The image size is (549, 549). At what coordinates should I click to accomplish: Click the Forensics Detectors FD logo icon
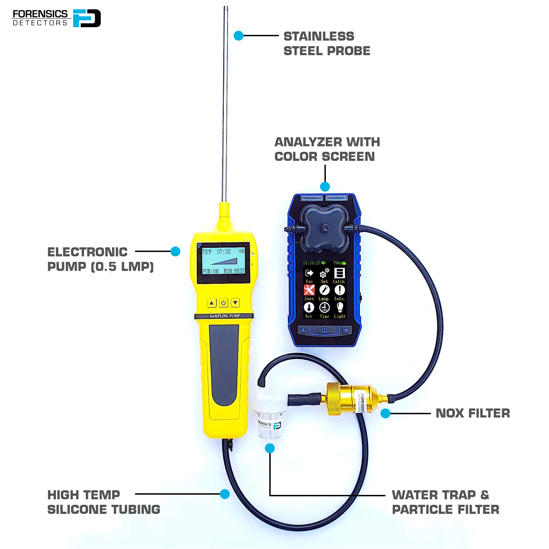click(x=87, y=18)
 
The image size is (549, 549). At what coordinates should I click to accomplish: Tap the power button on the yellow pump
click(x=223, y=303)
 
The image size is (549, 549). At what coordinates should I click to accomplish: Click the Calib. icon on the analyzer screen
click(x=339, y=273)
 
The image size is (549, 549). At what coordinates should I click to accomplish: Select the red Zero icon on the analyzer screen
click(x=309, y=290)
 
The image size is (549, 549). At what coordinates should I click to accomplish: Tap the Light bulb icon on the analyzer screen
click(x=340, y=307)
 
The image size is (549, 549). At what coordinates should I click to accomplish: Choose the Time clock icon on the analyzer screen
click(x=324, y=307)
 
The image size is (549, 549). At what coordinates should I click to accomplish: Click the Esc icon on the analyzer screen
click(x=309, y=273)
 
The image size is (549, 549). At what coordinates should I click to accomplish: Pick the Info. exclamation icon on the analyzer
click(x=340, y=290)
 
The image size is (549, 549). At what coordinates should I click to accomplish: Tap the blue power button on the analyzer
click(x=324, y=330)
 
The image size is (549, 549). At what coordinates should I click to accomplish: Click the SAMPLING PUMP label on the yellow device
click(x=225, y=316)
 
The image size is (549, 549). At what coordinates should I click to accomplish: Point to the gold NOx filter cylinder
click(x=352, y=399)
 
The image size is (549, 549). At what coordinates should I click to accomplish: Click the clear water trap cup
click(x=269, y=425)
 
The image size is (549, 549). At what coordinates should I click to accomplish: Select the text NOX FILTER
click(x=473, y=413)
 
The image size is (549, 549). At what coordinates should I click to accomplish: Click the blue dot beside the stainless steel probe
click(x=239, y=36)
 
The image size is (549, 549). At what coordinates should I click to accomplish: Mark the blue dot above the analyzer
click(x=325, y=187)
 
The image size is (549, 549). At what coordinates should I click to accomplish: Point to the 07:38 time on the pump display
click(x=224, y=252)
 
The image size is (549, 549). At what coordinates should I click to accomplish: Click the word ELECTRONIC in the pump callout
click(x=87, y=252)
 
